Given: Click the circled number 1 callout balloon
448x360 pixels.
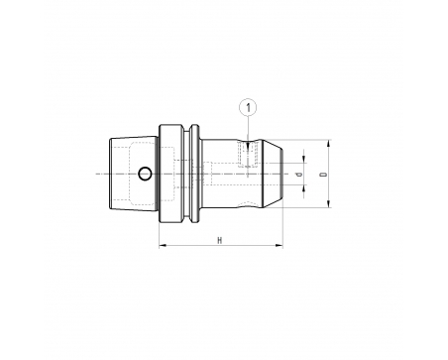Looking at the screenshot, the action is (x=248, y=108).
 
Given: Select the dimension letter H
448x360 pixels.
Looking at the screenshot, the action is (x=219, y=240).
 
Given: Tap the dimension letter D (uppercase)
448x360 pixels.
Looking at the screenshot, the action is (x=324, y=174).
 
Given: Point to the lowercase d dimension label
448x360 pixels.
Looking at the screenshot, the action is (x=299, y=174).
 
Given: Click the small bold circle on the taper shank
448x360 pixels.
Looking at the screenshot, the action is (x=145, y=174).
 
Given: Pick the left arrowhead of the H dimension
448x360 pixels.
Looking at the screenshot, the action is (x=163, y=246).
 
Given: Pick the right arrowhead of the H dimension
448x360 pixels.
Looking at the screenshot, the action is (x=280, y=246).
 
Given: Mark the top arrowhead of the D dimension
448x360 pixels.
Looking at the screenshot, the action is (x=328, y=144).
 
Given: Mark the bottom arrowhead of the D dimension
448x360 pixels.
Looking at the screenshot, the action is (x=328, y=203).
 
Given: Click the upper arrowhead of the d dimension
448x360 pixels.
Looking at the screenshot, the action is (x=304, y=159).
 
